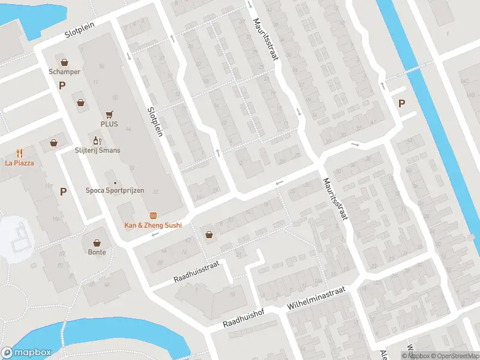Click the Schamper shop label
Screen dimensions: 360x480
pos(64,72)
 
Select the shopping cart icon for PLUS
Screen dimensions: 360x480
pos(109,113)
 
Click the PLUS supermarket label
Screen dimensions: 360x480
pos(109,124)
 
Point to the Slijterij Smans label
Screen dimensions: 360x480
pos(97,150)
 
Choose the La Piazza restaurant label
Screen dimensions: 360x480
pos(19,163)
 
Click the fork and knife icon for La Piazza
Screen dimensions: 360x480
pos(20,152)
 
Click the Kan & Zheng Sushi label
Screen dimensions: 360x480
pos(152,225)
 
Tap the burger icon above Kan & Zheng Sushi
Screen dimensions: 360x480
pos(153,215)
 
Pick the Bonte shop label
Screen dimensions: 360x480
pos(97,252)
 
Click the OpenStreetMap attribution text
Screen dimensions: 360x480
pos(454,356)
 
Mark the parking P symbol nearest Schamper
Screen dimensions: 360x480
pos(62,86)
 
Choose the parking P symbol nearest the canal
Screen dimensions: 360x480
pos(401,103)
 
